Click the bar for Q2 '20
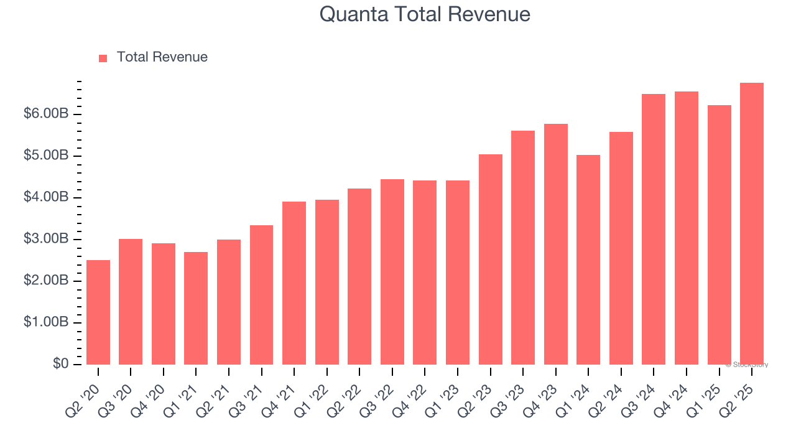coord(98,312)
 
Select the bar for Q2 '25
coord(751,224)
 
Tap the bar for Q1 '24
coord(588,259)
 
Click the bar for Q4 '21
coord(294,283)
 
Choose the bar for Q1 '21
coord(196,308)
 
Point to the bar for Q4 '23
coord(555,244)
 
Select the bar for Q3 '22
coord(392,272)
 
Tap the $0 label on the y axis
coord(61,364)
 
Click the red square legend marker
coord(103,58)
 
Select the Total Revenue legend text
coord(162,57)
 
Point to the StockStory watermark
coord(747,365)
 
